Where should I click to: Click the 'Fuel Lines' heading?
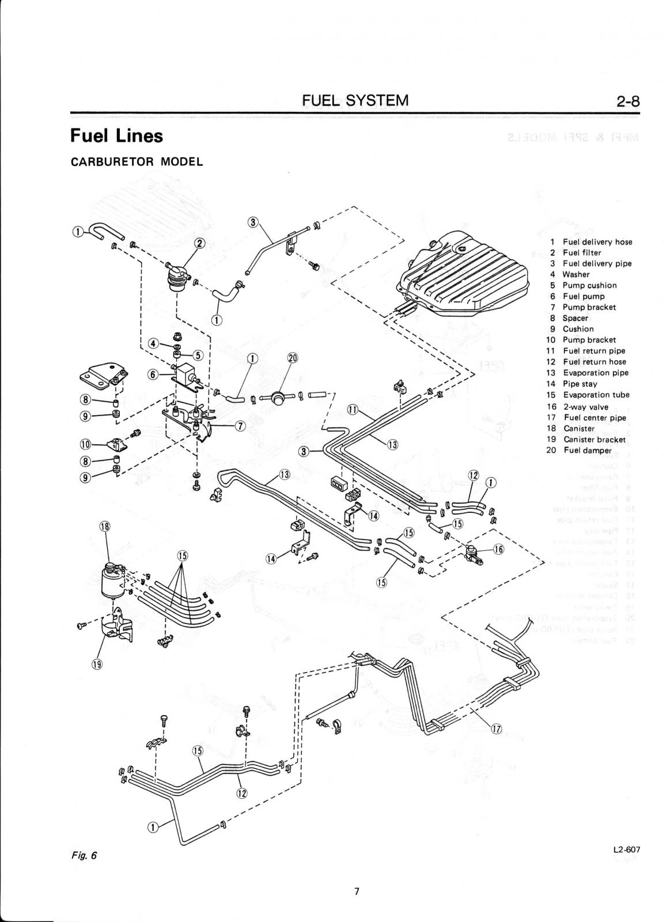pyautogui.click(x=116, y=136)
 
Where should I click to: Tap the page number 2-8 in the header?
pyautogui.click(x=627, y=101)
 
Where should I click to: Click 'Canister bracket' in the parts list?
pyautogui.click(x=594, y=439)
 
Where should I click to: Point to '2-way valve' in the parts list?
pyautogui.click(x=585, y=406)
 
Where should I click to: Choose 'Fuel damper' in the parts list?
pyautogui.click(x=586, y=450)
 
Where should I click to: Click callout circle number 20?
pyautogui.click(x=293, y=358)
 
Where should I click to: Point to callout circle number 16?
pyautogui.click(x=499, y=549)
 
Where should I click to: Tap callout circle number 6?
pyautogui.click(x=153, y=374)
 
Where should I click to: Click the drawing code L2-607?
pyautogui.click(x=627, y=849)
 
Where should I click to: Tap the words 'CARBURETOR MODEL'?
pyautogui.click(x=137, y=161)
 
